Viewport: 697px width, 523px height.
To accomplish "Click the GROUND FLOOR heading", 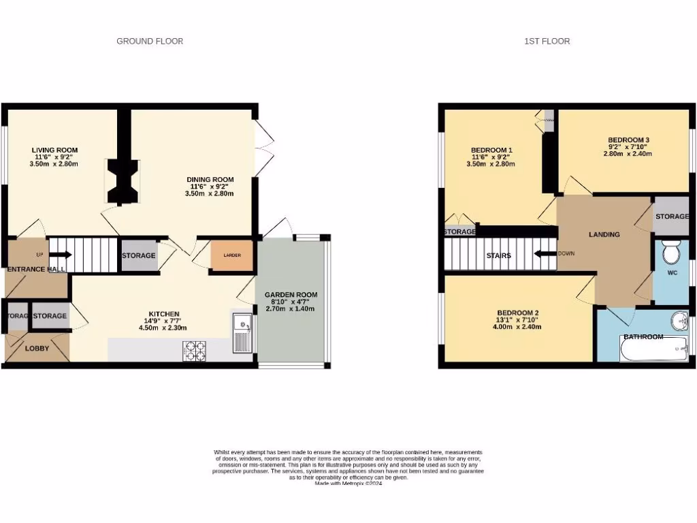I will (150, 42).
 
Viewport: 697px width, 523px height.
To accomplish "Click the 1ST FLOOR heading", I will (547, 42).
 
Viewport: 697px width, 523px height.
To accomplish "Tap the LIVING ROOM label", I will (54, 150).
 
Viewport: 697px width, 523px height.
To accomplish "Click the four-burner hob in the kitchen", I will (197, 350).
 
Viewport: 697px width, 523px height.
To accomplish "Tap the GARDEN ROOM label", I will (291, 295).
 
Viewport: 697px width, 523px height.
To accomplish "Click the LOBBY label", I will (37, 348).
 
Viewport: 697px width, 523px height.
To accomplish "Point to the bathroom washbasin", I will (678, 321).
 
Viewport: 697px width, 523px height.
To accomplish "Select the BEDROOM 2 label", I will (518, 313).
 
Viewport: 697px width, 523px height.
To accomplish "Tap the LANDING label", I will (604, 234).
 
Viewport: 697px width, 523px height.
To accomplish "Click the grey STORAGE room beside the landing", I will (671, 216).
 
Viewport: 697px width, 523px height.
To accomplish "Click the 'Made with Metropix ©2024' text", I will (348, 483).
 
